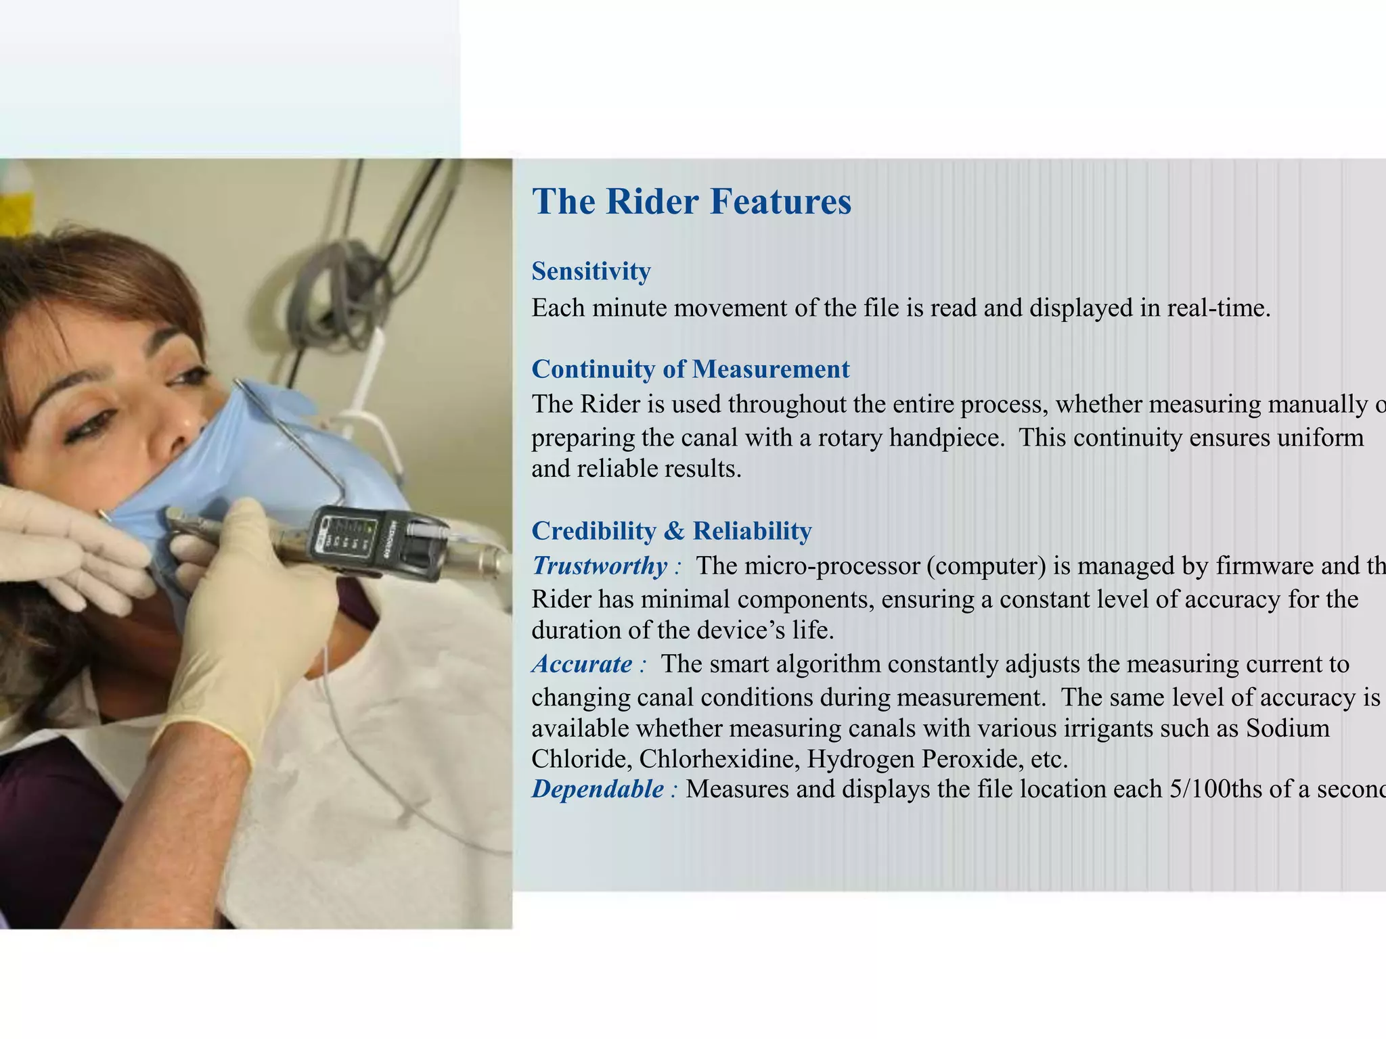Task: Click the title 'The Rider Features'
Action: click(691, 202)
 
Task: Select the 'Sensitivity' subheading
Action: click(591, 271)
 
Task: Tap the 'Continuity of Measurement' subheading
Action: click(690, 369)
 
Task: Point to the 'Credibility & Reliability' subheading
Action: click(671, 531)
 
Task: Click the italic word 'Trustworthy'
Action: click(600, 565)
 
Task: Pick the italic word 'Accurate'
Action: click(582, 664)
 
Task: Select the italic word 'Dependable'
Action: click(598, 789)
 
